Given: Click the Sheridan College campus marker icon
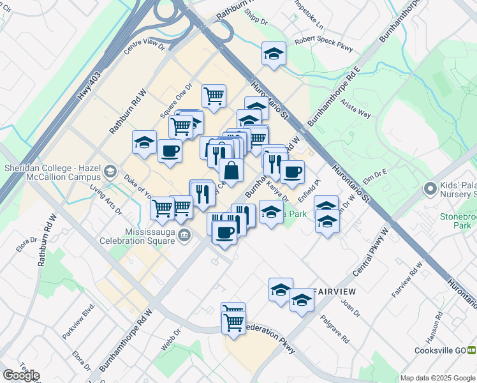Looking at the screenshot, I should pos(110,171).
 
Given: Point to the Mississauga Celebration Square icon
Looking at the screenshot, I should pos(184,235).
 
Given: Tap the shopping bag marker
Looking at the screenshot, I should pos(231,170).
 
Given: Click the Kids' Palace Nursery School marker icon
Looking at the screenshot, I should pos(431,189).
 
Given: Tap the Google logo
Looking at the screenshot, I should pos(21,375).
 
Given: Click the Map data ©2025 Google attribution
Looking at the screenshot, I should pos(437,378).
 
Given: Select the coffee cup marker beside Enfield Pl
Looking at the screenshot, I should pos(292,172).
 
